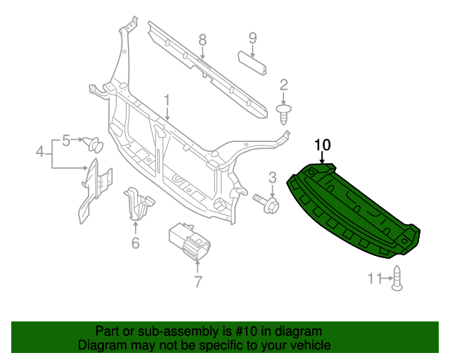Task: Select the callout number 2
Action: click(284, 85)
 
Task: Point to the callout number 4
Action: click(40, 150)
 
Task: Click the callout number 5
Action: click(66, 140)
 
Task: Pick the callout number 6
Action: click(136, 243)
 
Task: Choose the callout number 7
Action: click(198, 282)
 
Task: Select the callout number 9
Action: click(252, 37)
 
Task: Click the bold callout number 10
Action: click(322, 145)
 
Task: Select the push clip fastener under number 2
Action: click(284, 113)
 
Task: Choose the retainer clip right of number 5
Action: click(94, 146)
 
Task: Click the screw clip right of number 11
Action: click(397, 278)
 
